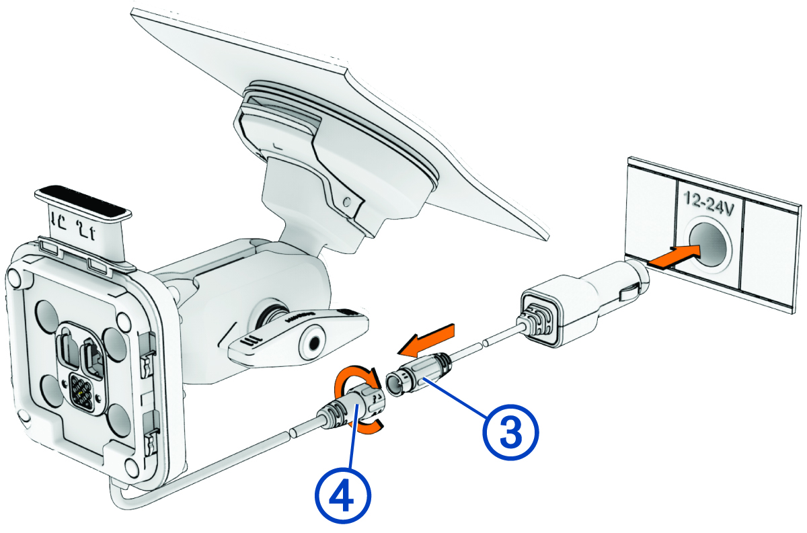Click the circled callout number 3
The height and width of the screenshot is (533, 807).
coord(509,433)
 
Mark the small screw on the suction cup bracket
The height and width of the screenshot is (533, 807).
coord(346,201)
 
